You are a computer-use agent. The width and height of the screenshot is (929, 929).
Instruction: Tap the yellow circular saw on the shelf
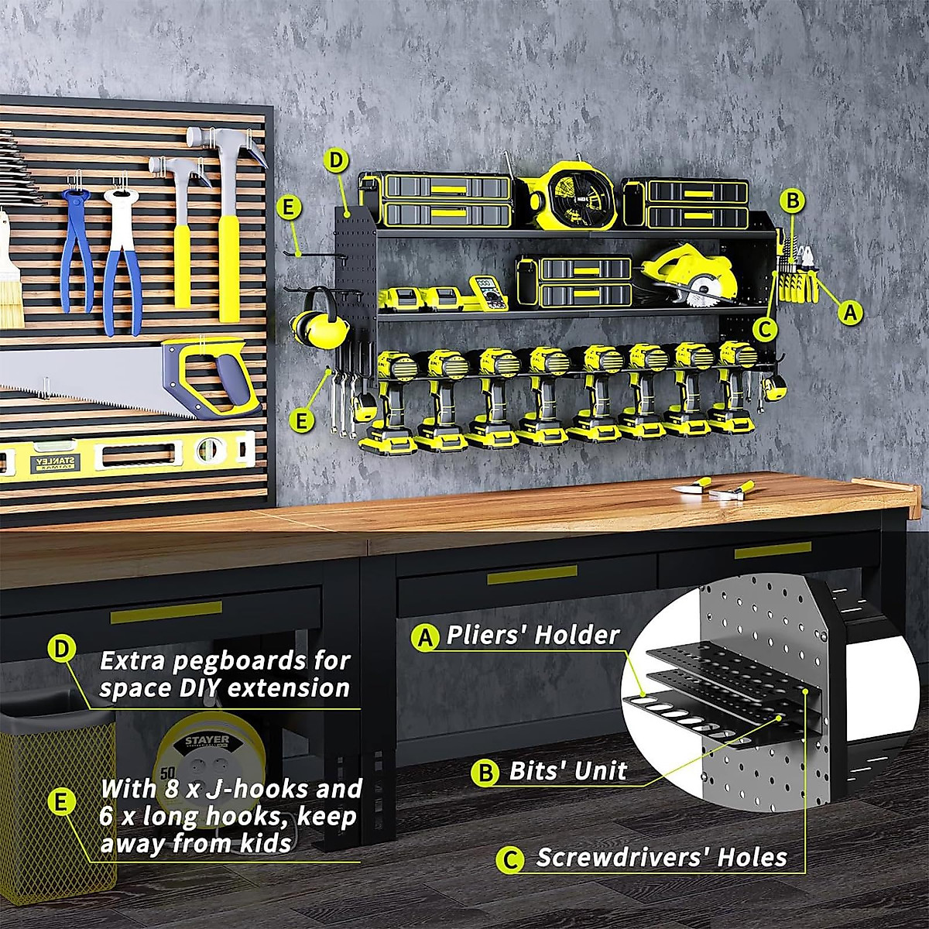(x=687, y=273)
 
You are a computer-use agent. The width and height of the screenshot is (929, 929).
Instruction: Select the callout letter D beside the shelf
(x=334, y=162)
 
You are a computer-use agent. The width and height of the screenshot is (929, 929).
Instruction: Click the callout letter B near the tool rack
(x=790, y=201)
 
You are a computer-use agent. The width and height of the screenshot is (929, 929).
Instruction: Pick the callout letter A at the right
(x=850, y=312)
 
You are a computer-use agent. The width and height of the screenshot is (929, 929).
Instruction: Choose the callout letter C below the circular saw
(x=764, y=328)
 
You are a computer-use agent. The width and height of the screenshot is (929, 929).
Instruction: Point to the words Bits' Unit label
(x=567, y=771)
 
